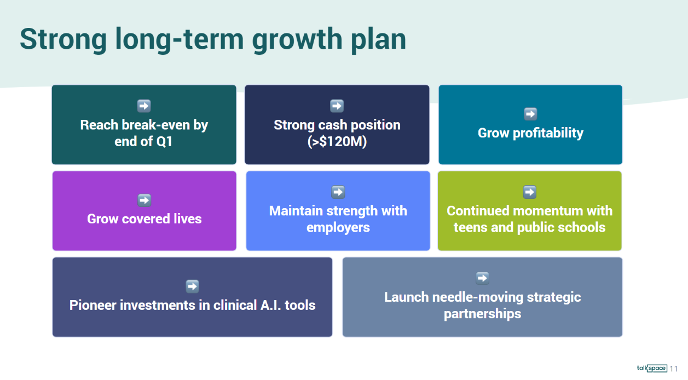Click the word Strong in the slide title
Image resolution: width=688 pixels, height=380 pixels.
click(x=63, y=40)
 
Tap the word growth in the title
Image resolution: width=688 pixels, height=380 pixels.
click(x=297, y=40)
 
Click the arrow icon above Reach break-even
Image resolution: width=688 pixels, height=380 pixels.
click(x=144, y=106)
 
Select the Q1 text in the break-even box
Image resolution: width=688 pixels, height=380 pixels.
click(x=164, y=142)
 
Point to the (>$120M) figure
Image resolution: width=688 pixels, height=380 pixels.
click(x=337, y=142)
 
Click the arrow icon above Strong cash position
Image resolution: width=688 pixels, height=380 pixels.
click(x=337, y=106)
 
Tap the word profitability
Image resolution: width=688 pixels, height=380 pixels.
click(x=548, y=133)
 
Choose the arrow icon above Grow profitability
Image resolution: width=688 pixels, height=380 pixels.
click(x=530, y=114)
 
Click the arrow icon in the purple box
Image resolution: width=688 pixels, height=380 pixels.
click(x=144, y=200)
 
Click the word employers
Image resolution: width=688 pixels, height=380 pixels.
click(x=338, y=228)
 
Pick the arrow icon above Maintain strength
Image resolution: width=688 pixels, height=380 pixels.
click(x=338, y=192)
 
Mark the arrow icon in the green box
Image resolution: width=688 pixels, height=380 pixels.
click(x=529, y=192)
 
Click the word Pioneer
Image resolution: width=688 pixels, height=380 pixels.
click(x=92, y=306)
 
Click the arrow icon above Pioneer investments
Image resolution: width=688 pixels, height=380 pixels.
click(x=192, y=286)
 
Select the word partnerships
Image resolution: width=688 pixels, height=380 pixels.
click(x=482, y=314)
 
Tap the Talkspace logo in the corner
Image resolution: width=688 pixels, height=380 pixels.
click(x=652, y=368)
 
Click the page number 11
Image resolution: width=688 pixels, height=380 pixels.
click(x=674, y=369)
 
